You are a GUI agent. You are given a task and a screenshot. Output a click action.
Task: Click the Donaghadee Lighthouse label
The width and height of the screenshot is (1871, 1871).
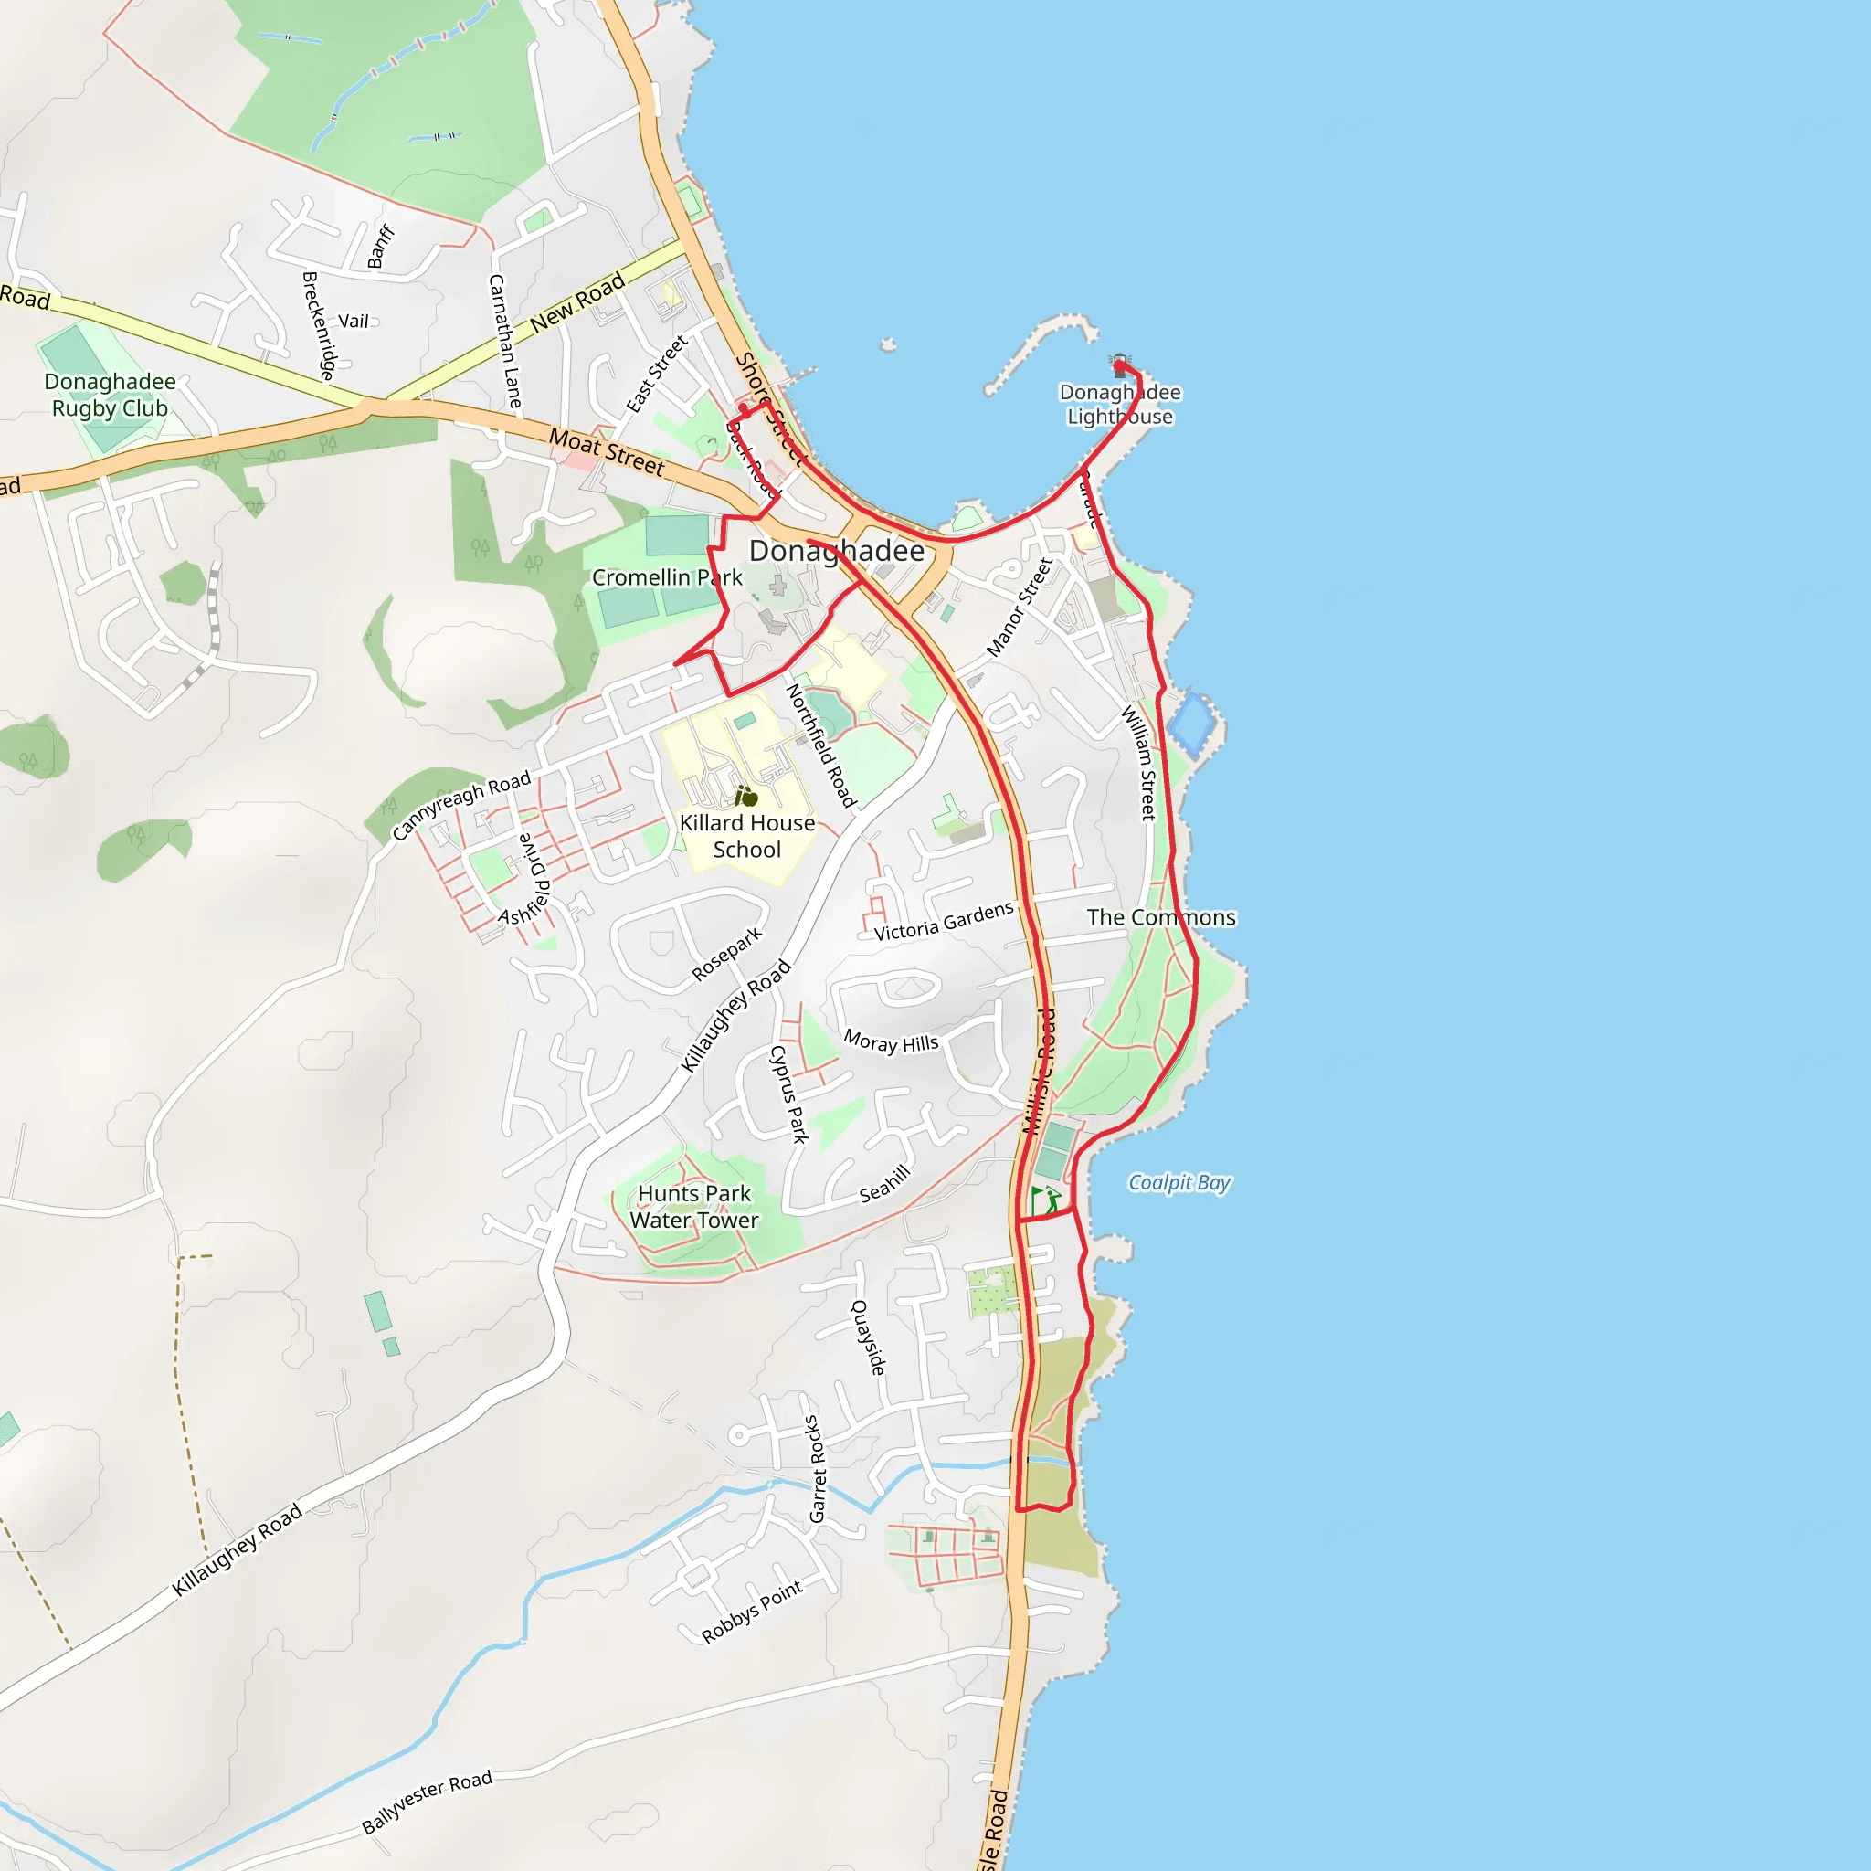1119,405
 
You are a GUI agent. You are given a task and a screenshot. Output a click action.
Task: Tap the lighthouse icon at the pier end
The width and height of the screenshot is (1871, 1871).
1120,365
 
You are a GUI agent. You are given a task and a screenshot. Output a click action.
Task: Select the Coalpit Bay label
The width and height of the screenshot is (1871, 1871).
1179,1182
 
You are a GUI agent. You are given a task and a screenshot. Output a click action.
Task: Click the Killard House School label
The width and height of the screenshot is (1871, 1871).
746,836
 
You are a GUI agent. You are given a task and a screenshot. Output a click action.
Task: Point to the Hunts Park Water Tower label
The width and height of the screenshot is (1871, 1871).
693,1207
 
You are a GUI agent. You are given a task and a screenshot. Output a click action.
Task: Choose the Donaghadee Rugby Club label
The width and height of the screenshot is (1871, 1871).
110,395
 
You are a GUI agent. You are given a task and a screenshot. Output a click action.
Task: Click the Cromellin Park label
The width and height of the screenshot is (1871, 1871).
666,578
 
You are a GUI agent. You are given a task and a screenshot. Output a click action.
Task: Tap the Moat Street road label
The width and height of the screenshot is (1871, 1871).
608,452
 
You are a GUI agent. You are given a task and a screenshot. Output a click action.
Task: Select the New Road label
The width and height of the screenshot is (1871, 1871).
577,302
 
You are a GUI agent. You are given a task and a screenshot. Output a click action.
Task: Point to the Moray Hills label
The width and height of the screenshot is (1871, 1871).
891,1042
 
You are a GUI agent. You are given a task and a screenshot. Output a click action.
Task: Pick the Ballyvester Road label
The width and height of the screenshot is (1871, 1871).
427,1802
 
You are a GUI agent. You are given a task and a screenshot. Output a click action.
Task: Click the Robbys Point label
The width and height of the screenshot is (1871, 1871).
753,1612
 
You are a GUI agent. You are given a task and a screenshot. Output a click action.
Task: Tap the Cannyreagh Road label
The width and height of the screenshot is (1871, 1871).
461,805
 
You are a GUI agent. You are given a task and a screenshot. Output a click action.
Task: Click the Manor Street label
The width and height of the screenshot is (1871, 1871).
1019,608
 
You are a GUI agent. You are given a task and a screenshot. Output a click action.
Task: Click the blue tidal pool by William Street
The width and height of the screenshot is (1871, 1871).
1191,724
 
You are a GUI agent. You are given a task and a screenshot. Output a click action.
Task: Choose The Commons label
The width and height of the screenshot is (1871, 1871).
1160,917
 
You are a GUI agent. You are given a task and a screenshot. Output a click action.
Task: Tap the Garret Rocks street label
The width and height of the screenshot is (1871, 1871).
817,1469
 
